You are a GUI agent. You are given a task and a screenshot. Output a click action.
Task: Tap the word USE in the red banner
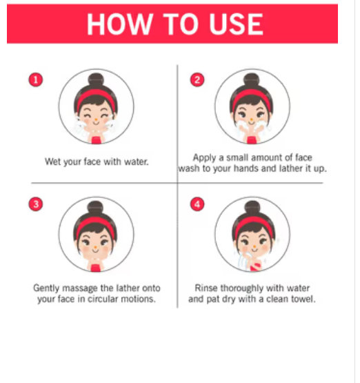click(x=236, y=24)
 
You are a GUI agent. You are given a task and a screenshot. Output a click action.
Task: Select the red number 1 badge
click(x=36, y=80)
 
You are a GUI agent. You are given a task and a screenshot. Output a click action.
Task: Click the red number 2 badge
click(x=197, y=80)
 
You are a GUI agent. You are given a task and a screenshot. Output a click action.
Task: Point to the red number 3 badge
click(x=36, y=204)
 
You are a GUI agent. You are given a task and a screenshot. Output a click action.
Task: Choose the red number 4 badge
click(x=197, y=204)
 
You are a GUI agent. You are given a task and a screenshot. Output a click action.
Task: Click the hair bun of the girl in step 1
click(x=96, y=79)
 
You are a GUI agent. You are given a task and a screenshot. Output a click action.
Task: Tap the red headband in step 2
click(x=252, y=97)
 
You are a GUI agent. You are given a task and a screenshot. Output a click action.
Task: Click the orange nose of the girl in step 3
click(x=95, y=248)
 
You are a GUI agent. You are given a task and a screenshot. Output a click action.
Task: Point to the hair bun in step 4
click(x=252, y=208)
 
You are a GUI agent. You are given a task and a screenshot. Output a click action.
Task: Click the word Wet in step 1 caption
click(x=52, y=161)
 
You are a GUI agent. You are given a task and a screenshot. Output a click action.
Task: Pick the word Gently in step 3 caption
click(x=46, y=288)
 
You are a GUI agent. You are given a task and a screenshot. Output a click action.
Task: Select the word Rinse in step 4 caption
click(x=206, y=288)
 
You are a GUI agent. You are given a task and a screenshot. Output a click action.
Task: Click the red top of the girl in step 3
click(x=96, y=268)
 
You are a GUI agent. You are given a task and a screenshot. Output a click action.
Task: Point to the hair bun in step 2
click(x=252, y=79)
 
